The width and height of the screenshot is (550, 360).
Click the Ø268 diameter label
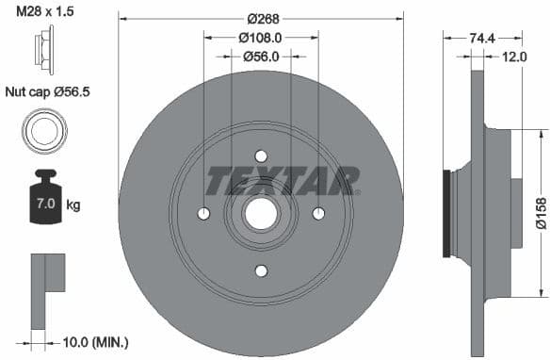[x=261, y=19]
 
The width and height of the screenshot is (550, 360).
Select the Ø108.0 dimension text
[x=261, y=38]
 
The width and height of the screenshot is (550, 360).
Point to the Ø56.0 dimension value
[x=261, y=57]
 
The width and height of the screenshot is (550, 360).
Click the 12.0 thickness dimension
[x=514, y=57]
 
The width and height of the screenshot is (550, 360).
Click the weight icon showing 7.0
[x=44, y=199]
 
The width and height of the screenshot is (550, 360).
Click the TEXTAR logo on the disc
[x=283, y=179]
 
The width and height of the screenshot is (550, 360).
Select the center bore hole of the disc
[x=261, y=213]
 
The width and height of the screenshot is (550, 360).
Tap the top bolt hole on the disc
[x=261, y=156]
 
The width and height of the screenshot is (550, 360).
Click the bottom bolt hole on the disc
[x=261, y=270]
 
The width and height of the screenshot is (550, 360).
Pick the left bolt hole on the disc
[x=203, y=213]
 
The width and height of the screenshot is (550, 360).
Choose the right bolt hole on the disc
[x=318, y=213]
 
